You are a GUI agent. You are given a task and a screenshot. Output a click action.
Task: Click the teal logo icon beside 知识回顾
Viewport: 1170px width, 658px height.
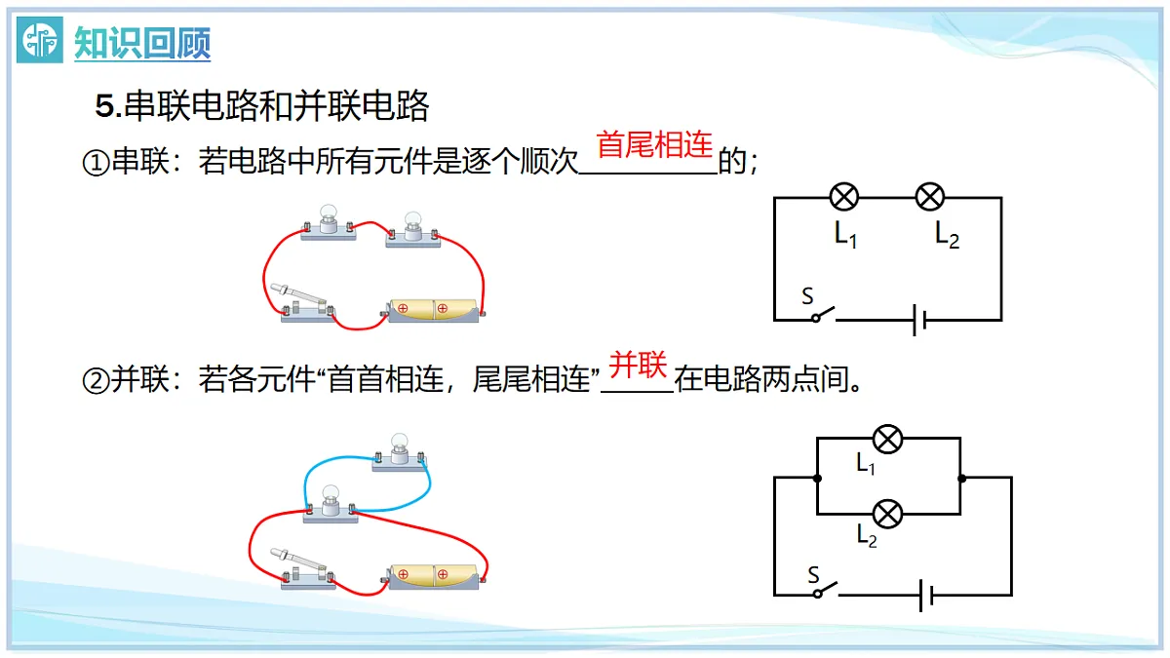point(40,40)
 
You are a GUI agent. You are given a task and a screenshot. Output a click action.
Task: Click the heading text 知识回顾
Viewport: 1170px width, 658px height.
point(142,43)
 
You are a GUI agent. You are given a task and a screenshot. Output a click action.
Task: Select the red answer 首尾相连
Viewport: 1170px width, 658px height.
point(654,144)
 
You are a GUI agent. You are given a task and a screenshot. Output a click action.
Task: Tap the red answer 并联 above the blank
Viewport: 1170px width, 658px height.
point(638,365)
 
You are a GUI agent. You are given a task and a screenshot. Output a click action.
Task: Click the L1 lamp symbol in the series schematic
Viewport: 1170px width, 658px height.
point(844,197)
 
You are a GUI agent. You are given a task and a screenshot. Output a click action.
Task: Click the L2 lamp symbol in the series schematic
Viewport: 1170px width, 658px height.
point(930,197)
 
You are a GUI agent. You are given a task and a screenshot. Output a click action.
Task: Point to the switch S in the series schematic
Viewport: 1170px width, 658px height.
point(823,314)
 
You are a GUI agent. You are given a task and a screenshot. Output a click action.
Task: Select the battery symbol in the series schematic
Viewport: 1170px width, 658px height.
point(919,320)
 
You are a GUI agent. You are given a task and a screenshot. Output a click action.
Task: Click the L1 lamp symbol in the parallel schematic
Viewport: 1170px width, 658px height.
point(887,439)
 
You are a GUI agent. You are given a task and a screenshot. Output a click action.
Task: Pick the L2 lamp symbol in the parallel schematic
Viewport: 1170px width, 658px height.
point(887,514)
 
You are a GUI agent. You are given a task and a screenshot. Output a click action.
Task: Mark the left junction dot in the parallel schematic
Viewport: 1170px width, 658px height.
point(817,478)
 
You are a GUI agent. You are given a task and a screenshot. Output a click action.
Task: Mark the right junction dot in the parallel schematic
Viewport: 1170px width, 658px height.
point(961,478)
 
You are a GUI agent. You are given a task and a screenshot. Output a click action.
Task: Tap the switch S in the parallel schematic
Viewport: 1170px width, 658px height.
point(825,589)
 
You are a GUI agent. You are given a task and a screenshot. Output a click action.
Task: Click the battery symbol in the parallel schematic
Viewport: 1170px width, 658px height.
point(926,595)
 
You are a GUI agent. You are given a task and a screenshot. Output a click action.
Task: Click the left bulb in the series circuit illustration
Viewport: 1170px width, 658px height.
point(328,222)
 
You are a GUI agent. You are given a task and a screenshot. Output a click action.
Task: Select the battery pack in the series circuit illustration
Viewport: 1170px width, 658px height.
point(433,310)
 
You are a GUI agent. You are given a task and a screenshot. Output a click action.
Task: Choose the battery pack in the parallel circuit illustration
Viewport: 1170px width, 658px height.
point(434,576)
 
